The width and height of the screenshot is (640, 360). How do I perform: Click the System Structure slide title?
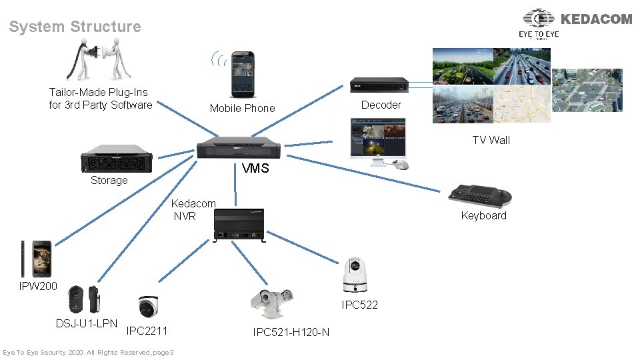(75, 27)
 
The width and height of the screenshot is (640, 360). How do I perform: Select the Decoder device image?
(379, 85)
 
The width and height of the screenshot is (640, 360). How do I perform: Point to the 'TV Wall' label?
(491, 140)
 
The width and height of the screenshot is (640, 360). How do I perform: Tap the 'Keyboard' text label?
(483, 216)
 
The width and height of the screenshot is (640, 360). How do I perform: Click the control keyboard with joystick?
(480, 195)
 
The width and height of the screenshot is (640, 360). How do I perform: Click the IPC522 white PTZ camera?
(356, 276)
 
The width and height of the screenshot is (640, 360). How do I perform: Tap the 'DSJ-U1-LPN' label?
(87, 324)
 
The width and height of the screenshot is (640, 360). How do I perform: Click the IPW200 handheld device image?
(35, 259)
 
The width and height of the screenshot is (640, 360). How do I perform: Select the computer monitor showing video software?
(377, 139)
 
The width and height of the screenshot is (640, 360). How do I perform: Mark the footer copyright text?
(88, 352)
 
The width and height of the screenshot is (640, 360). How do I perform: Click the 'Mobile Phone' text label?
(242, 108)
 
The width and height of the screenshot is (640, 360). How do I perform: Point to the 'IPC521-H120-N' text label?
(291, 332)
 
